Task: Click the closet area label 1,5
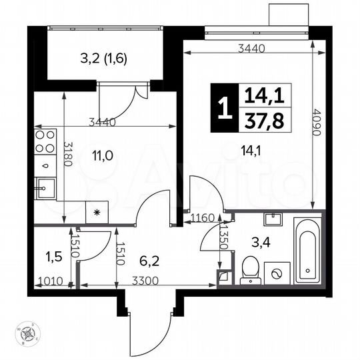50,255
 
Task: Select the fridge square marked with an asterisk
98,213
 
